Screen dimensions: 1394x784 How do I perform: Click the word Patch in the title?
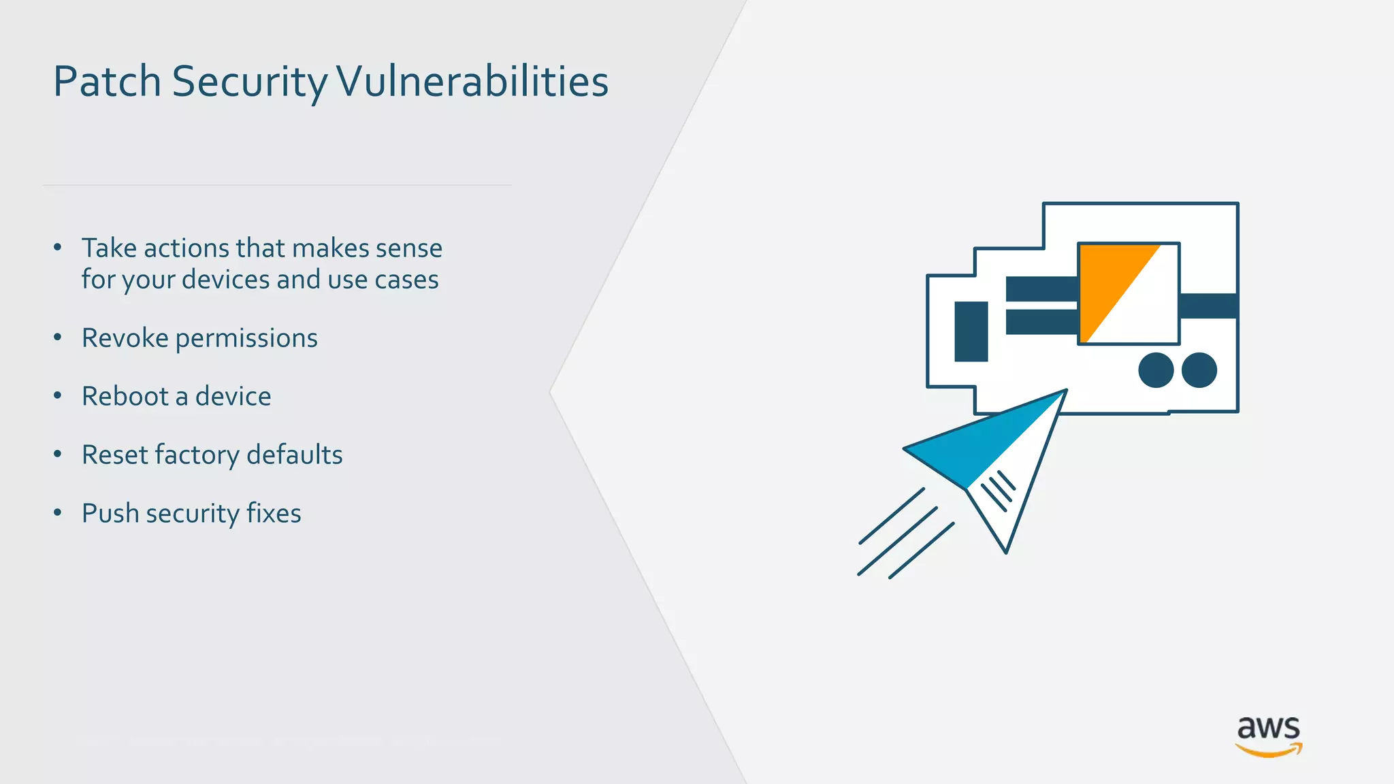coord(108,82)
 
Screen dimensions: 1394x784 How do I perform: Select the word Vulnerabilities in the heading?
coord(472,82)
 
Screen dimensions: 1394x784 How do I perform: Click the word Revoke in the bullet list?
coord(125,338)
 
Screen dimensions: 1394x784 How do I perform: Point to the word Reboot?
coord(125,396)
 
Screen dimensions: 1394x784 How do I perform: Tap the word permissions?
coord(246,339)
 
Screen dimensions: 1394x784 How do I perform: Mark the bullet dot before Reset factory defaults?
coord(58,454)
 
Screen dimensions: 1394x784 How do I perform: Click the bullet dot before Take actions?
coord(58,247)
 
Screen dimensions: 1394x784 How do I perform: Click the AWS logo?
coord(1268,736)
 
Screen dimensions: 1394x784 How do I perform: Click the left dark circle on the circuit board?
coord(1156,370)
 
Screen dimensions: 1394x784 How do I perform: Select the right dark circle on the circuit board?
coord(1199,370)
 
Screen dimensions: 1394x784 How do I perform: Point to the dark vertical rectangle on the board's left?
coord(971,331)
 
